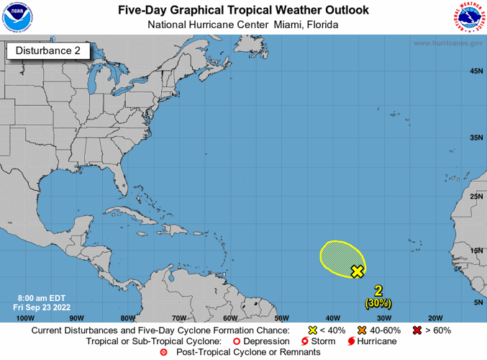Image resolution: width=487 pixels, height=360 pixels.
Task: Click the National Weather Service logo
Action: pyautogui.click(x=469, y=18)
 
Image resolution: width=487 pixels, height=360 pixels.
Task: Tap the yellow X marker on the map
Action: pyautogui.click(x=357, y=271)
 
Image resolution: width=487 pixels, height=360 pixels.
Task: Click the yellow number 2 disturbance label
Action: pyautogui.click(x=378, y=291)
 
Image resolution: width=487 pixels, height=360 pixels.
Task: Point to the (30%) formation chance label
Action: pyautogui.click(x=378, y=303)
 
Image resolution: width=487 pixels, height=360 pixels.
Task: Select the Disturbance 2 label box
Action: pyautogui.click(x=48, y=50)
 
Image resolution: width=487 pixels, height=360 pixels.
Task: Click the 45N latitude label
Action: pyautogui.click(x=475, y=71)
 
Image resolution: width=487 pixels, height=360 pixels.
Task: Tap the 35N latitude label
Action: pyautogui.click(x=475, y=138)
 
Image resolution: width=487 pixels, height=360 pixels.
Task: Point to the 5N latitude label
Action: pyautogui.click(x=477, y=303)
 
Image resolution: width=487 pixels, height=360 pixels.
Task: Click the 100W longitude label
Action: pyautogui.click(x=24, y=318)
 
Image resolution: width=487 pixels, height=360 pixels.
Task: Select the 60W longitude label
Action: pyautogui.click(x=229, y=318)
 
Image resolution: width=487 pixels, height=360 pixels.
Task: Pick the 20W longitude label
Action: pyautogui.click(x=434, y=318)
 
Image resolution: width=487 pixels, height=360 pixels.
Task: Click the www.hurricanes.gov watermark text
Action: pyautogui.click(x=447, y=43)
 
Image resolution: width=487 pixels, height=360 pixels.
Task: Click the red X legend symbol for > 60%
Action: pyautogui.click(x=417, y=330)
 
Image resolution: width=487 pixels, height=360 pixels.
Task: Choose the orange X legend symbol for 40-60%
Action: pyautogui.click(x=353, y=330)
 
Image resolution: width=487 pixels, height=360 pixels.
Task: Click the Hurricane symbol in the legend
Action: pyautogui.click(x=351, y=341)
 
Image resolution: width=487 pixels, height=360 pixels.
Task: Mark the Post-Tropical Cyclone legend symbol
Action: pyautogui.click(x=163, y=352)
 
